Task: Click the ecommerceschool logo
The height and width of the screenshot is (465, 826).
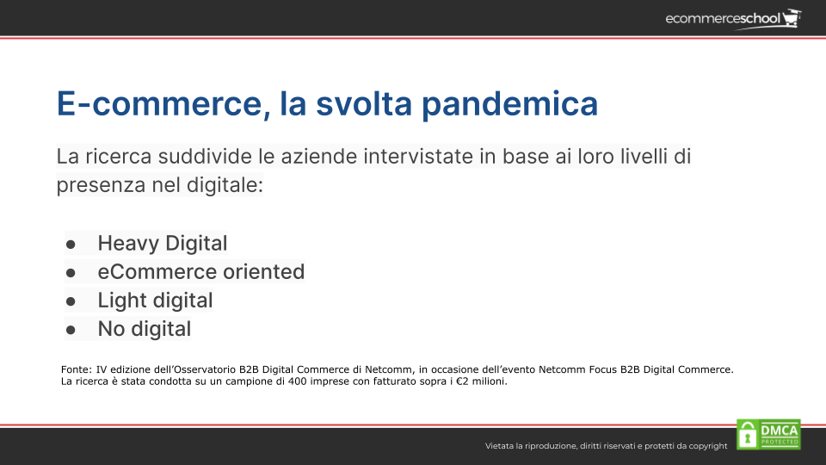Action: [x=733, y=19]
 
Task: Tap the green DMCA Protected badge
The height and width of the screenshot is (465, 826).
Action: [x=768, y=434]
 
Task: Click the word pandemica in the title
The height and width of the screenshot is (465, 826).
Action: [x=509, y=104]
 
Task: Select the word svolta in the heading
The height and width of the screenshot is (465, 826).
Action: [x=363, y=103]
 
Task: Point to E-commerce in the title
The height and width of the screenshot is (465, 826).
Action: [x=159, y=104]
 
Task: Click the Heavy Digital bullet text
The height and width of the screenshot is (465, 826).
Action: [x=163, y=243]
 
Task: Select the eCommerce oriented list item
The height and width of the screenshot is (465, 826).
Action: [x=200, y=271]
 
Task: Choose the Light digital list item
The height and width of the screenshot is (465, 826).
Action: [x=155, y=300]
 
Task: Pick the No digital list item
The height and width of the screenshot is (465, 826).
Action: [x=144, y=328]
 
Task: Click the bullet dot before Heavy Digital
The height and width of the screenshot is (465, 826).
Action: [x=71, y=244]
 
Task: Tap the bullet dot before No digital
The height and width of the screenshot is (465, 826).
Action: [x=71, y=330]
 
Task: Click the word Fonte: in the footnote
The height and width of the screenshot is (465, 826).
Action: [x=77, y=369]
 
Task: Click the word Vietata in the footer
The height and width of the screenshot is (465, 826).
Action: [x=499, y=446]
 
